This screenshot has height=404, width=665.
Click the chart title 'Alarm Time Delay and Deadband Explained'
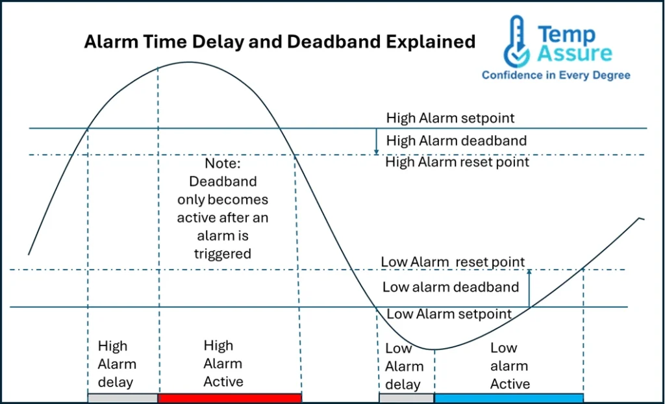[280, 43]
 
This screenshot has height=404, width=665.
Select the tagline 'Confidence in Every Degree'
[555, 75]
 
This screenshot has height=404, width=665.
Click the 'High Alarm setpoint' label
[450, 118]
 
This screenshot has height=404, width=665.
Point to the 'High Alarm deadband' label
[456, 140]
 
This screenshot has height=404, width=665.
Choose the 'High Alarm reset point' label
[457, 162]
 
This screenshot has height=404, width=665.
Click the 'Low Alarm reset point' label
[453, 262]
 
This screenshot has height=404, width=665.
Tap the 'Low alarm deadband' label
[450, 287]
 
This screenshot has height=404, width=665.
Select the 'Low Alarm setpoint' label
[449, 314]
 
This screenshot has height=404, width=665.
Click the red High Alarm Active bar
[230, 398]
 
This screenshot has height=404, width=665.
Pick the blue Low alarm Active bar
[508, 398]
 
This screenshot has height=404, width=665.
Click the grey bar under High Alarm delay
[123, 398]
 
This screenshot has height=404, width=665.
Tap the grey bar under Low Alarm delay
[407, 398]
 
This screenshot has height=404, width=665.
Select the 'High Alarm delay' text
[117, 364]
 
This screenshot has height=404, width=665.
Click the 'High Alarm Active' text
[223, 364]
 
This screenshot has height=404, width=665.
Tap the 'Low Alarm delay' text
[403, 366]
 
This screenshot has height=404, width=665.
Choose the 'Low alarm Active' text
[509, 366]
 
